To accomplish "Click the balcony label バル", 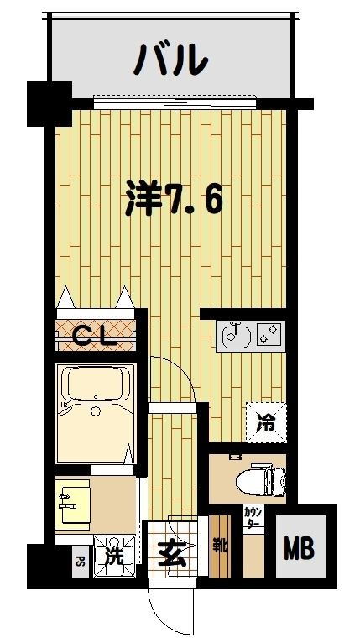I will [171, 60].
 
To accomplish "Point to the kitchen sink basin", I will [233, 337].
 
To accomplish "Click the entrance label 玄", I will [170, 555].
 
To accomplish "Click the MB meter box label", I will [299, 551].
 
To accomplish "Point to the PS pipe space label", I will [81, 562].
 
